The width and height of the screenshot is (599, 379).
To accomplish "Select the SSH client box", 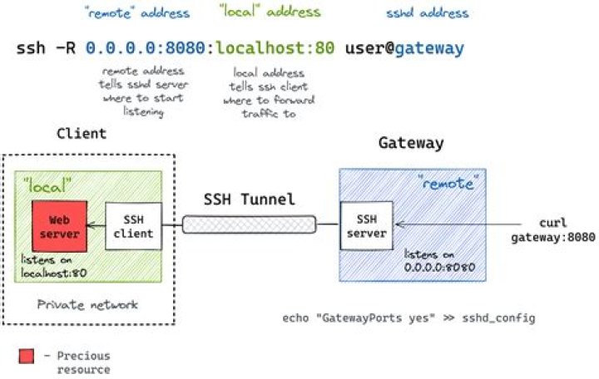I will [x=133, y=225].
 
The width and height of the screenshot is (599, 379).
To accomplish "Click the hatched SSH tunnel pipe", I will [x=250, y=224].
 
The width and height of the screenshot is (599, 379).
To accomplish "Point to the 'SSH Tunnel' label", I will [x=250, y=200].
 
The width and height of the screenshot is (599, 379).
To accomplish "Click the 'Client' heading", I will [x=82, y=133].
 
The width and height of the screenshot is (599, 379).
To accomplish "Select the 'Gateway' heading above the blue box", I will [x=411, y=143].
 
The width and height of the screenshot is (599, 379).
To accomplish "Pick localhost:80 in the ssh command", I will [x=275, y=48].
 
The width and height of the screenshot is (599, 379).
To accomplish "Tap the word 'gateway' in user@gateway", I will [x=429, y=48].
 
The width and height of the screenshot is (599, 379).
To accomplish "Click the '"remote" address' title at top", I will [x=137, y=13].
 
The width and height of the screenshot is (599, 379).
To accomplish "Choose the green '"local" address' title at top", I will [x=270, y=12].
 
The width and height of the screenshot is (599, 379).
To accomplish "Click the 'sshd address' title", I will [x=427, y=13].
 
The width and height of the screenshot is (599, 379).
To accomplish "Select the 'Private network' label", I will [x=88, y=305].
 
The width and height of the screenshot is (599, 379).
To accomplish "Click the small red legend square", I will [x=26, y=357].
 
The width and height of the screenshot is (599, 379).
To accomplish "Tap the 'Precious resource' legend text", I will [x=83, y=362].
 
